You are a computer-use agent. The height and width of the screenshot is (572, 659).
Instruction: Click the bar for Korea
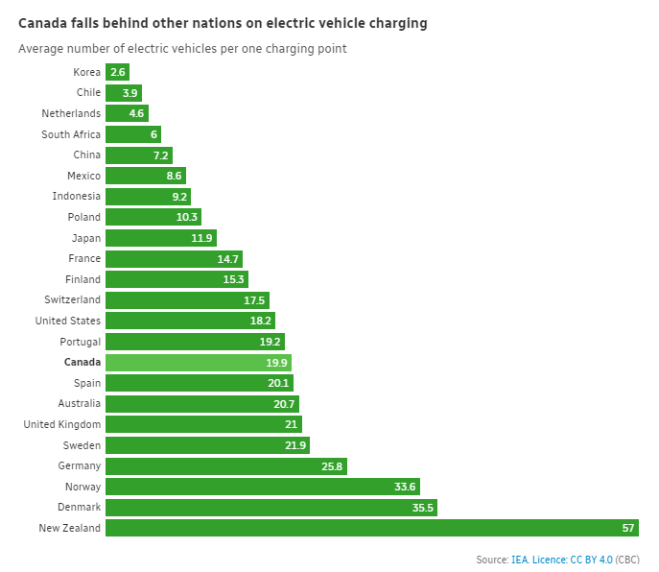pyautogui.click(x=117, y=72)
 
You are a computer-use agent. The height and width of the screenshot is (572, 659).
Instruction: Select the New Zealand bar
pyautogui.click(x=371, y=528)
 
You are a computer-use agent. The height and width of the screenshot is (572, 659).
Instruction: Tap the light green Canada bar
pyautogui.click(x=198, y=363)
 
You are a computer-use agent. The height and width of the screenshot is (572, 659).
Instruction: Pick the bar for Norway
pyautogui.click(x=262, y=487)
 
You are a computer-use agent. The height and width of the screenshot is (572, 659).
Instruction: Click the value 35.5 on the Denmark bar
pyautogui.click(x=423, y=507)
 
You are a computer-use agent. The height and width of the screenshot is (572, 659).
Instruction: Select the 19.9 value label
pyautogui.click(x=276, y=363)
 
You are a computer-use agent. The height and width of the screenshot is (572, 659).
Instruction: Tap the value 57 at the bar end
pyautogui.click(x=628, y=528)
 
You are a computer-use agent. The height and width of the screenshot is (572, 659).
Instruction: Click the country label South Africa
pyautogui.click(x=71, y=134)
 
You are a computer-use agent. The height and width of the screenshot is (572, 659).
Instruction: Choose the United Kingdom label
pyautogui.click(x=59, y=424)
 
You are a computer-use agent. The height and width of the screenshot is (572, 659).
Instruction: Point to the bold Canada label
pyautogui.click(x=82, y=362)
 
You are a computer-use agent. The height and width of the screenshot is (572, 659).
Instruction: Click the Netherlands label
pyautogui.click(x=71, y=113)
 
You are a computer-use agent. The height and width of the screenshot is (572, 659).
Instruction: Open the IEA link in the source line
pyautogui.click(x=519, y=560)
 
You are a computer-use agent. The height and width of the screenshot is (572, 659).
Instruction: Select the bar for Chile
pyautogui.click(x=123, y=93)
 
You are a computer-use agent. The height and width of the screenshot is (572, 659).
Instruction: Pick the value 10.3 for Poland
pyautogui.click(x=188, y=217)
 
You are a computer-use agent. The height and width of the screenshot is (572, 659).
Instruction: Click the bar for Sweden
pyautogui.click(x=207, y=445)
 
